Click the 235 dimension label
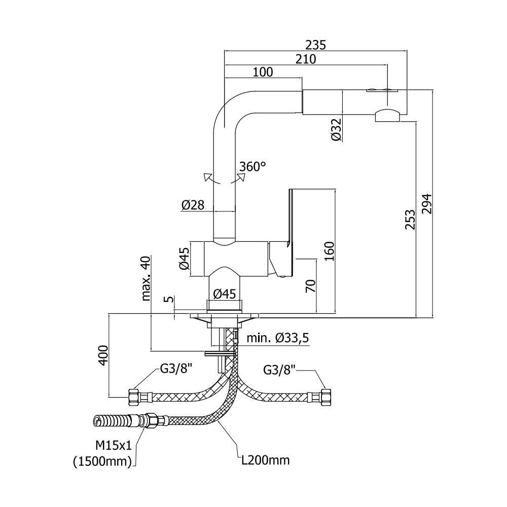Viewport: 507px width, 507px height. (315, 45)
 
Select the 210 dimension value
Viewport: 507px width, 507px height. (306, 59)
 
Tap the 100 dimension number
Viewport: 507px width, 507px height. (263, 72)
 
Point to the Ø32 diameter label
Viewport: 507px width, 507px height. (336, 129)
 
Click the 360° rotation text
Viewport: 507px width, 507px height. (252, 166)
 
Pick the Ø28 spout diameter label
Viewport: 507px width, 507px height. (193, 205)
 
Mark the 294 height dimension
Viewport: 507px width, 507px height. (427, 204)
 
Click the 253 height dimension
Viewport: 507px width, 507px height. (410, 220)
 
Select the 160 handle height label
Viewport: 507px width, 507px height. (329, 251)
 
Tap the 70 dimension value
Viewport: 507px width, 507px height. (310, 286)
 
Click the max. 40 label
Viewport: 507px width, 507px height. (146, 278)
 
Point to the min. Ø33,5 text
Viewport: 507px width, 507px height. (278, 338)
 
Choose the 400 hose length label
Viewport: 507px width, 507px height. (103, 355)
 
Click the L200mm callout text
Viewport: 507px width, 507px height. (266, 460)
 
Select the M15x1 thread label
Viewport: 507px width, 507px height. (114, 446)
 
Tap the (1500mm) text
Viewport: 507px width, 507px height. (102, 461)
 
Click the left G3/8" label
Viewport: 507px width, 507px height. (176, 369)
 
